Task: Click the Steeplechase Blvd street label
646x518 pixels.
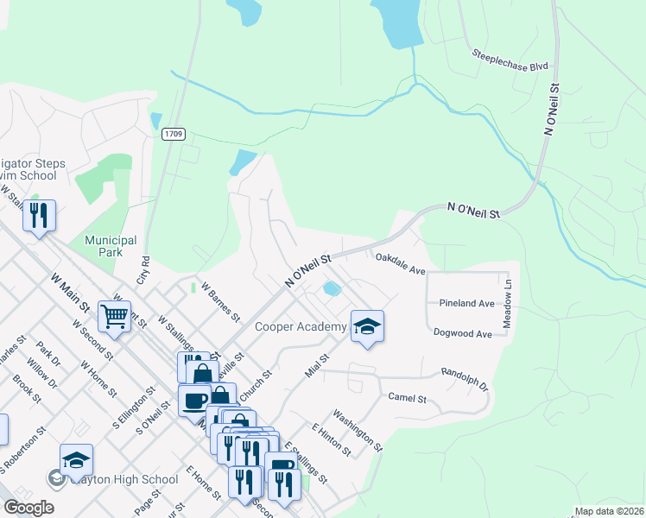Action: pos(510,60)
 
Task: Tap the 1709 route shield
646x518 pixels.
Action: pos(173,134)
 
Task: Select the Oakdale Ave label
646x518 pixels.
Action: pos(400,264)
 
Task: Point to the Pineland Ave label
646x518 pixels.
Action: pos(466,304)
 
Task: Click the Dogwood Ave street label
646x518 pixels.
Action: pos(463,333)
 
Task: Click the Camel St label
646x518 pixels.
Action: pos(408,398)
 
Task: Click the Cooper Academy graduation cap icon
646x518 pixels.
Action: pos(368,326)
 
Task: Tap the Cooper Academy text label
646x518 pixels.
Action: pos(301,326)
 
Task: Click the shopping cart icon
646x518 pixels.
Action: pos(114,315)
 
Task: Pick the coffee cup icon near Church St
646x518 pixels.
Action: pos(194,400)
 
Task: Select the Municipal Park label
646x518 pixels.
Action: pos(111,246)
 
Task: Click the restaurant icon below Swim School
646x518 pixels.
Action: pos(39,215)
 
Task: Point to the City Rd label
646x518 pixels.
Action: pos(143,269)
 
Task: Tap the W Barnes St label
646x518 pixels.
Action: pos(219,300)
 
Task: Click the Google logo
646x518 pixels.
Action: pos(29,508)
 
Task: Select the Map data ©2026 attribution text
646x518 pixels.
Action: pos(609,511)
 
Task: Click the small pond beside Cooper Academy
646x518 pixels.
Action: pos(331,287)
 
